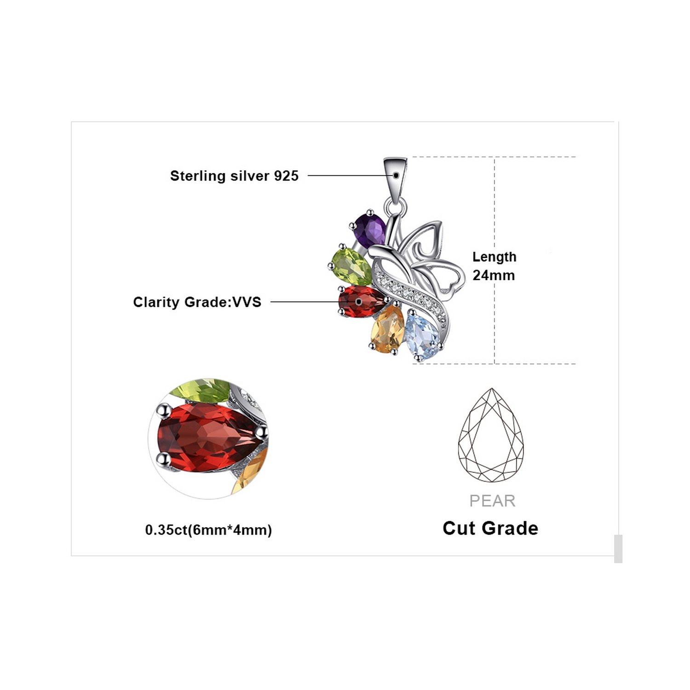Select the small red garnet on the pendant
(x=362, y=301)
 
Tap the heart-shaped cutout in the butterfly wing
(x=449, y=279)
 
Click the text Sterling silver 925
(x=234, y=176)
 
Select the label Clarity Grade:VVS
(x=197, y=302)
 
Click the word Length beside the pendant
(x=494, y=257)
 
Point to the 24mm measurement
(x=494, y=276)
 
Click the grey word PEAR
(x=492, y=500)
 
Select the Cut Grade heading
(x=490, y=528)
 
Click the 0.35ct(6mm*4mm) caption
(x=208, y=530)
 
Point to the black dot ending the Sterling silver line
(x=396, y=175)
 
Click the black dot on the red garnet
(x=359, y=302)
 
